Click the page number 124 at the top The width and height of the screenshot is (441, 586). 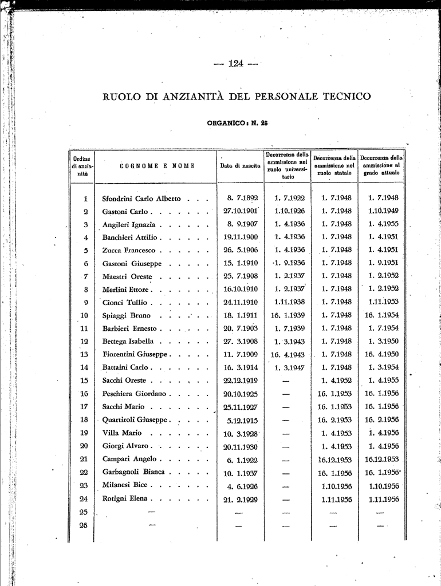click(x=235, y=64)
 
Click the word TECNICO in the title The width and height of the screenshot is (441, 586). click(x=346, y=97)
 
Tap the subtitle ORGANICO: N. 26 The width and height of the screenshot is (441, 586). click(x=237, y=122)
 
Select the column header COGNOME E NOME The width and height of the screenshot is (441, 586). click(x=157, y=166)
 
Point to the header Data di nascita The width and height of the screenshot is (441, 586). click(x=241, y=166)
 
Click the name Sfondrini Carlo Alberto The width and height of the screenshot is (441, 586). click(x=141, y=199)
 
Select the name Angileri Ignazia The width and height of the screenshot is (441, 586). click(x=129, y=225)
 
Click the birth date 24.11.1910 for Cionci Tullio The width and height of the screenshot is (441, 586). click(x=241, y=302)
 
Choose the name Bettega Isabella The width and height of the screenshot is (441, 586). click(x=128, y=342)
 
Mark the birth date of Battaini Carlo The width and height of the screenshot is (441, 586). click(x=241, y=367)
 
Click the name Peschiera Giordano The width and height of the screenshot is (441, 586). click(x=134, y=394)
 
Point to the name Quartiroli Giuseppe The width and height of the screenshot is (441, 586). click(x=135, y=419)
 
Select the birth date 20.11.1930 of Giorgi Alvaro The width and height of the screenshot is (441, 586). click(x=241, y=446)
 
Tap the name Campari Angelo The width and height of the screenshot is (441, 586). click(x=129, y=459)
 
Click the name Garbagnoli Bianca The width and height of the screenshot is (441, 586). click(x=133, y=472)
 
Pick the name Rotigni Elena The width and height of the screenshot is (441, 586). click(x=125, y=499)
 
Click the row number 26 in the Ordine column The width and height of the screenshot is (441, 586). click(x=84, y=525)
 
